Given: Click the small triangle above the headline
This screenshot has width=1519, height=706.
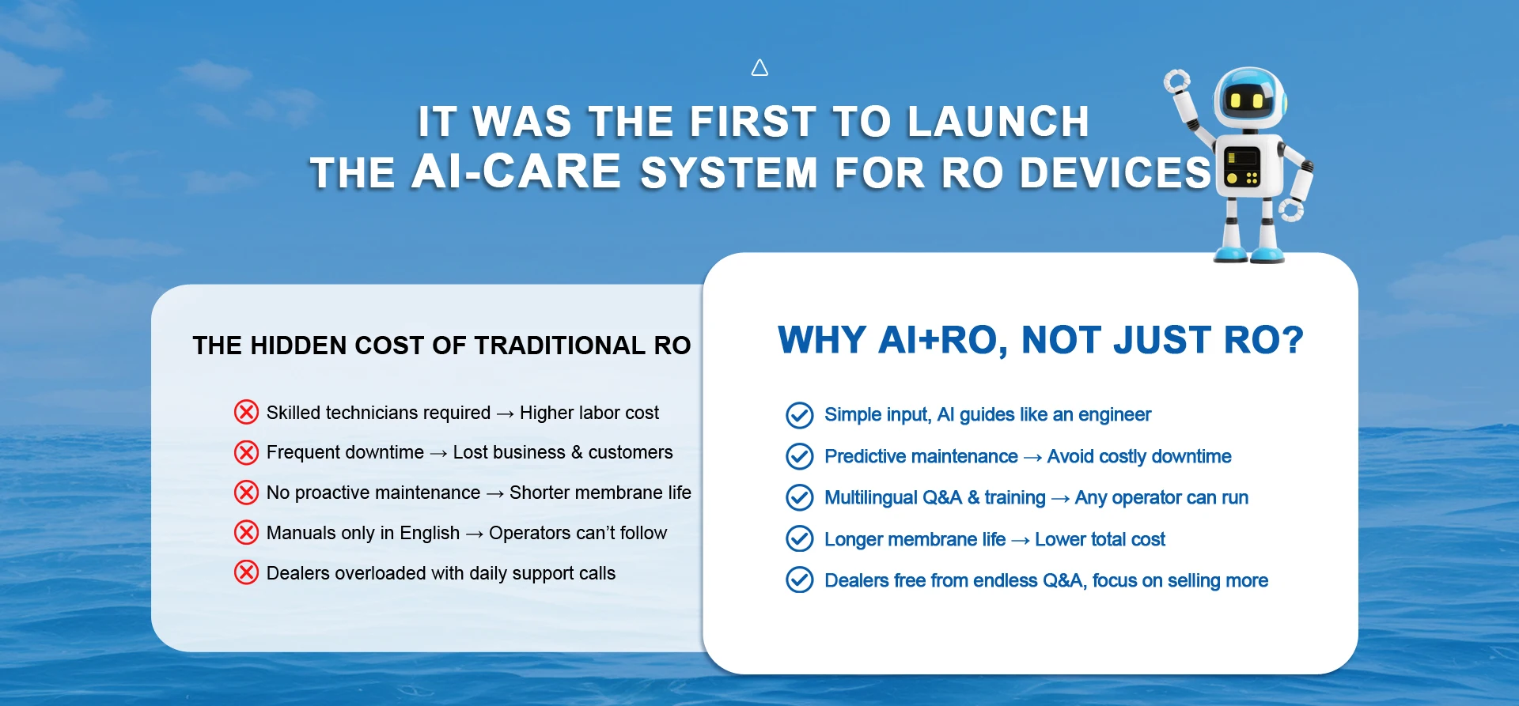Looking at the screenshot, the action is coord(759,69).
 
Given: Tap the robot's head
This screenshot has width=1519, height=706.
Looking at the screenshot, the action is coord(1250,98).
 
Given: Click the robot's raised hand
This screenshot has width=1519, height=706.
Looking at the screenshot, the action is coord(1176,81).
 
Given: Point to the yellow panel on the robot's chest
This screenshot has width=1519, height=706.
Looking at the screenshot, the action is coord(1241,166).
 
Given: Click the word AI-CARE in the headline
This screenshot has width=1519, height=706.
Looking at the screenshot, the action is coord(517,172).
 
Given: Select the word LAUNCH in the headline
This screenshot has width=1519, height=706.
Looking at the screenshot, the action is coord(998,122).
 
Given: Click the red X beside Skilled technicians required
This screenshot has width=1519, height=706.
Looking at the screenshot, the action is coord(246,412).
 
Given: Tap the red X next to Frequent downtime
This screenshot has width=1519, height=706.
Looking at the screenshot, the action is coord(246,452).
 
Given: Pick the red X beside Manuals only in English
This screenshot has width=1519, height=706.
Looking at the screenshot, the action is coord(246,533).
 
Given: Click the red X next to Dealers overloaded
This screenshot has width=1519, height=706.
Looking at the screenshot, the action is coord(246,572).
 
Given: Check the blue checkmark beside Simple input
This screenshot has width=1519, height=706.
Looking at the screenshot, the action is coord(799,415).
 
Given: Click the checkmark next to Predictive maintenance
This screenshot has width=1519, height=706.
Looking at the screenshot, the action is coord(799,456).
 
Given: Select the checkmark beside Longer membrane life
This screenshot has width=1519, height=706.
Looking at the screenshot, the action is coord(799,539).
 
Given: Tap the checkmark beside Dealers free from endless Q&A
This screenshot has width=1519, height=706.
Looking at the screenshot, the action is coord(799,580).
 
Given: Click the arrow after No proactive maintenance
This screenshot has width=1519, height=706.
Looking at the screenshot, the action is coord(495,494).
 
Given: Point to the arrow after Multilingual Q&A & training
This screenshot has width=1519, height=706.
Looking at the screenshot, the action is coord(1060,499).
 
